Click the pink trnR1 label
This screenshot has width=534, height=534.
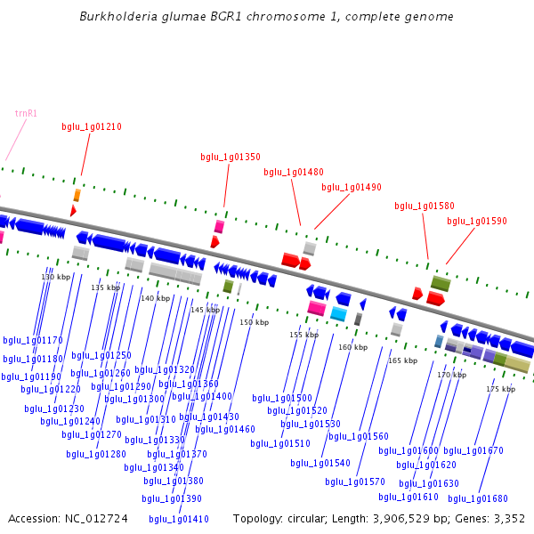tap(26, 113)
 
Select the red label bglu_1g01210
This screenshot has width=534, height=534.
tap(92, 126)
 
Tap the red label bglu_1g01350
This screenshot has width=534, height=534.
tap(231, 157)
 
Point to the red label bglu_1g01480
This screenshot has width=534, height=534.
tap(294, 172)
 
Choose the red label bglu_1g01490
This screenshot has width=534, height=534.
tap(352, 187)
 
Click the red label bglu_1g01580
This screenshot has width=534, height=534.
tap(425, 206)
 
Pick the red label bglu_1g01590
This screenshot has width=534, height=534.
tap(477, 221)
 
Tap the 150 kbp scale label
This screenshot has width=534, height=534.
tap(254, 322)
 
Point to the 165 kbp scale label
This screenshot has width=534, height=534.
tap(402, 360)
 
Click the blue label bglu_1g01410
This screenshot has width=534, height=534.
tap(179, 519)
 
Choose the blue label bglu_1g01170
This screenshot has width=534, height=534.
tap(33, 340)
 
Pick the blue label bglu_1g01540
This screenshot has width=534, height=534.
tap(320, 463)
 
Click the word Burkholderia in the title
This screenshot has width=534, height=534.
tap(112, 16)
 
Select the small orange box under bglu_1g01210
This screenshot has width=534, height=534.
tap(77, 195)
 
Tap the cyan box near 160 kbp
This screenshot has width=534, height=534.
tap(338, 313)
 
